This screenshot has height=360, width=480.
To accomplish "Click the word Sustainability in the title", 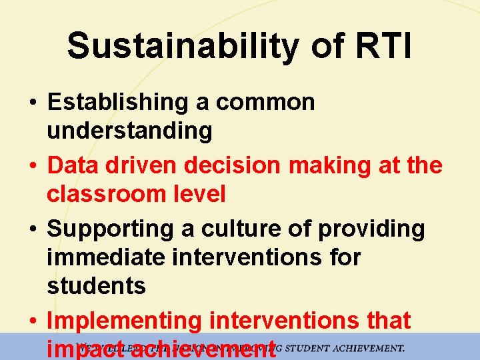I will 182,46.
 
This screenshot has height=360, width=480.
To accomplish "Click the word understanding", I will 129,131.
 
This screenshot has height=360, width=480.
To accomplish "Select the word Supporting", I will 109,229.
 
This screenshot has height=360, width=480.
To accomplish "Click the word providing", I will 371,229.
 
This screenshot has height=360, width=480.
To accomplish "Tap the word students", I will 96,286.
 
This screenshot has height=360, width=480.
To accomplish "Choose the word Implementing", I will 123,321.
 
